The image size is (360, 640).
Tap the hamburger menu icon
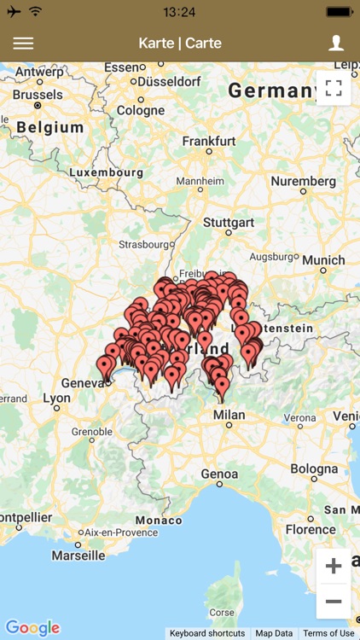pos(23,44)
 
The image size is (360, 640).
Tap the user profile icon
pos(336,44)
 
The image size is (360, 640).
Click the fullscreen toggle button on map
pos(334,88)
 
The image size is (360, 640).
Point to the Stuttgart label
pos(229,223)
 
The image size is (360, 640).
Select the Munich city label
pos(323,260)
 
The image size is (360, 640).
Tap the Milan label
pos(229,415)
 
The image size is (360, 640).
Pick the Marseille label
pos(78,555)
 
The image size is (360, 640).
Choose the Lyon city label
pos(57,398)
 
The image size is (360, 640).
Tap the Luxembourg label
pos(106,172)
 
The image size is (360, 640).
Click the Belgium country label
pos(50,127)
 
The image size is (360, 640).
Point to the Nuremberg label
pos(303,181)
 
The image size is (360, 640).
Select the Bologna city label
pos(314,468)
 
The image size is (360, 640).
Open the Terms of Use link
pos(328,633)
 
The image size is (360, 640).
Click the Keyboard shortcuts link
pos(207,633)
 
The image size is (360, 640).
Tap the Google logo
pos(32,628)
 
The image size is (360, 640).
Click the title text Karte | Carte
pos(180,44)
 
